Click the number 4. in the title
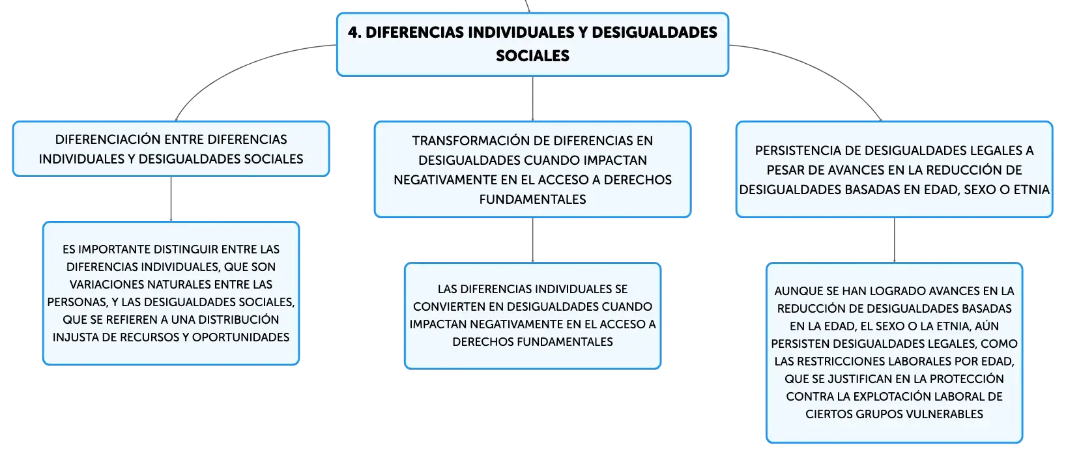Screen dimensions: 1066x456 point(354,33)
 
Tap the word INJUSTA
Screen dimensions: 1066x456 point(72,337)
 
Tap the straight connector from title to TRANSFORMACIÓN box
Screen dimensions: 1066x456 point(532,98)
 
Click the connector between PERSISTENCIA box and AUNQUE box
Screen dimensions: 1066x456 point(894,240)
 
